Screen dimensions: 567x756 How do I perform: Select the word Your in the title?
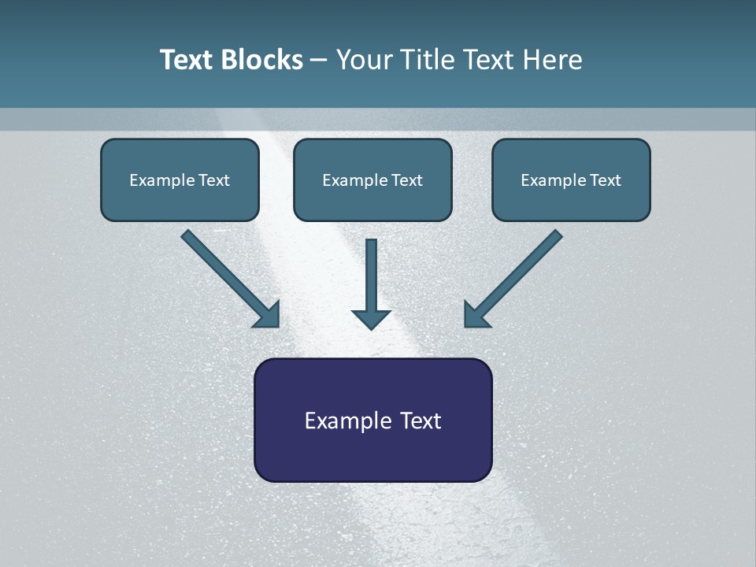point(364,60)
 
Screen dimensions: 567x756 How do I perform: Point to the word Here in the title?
point(553,60)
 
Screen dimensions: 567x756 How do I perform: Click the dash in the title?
point(319,61)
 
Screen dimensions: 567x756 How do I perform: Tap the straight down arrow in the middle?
point(371,276)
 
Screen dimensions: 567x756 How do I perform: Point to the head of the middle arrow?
point(371,319)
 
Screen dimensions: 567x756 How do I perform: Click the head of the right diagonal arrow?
point(475,315)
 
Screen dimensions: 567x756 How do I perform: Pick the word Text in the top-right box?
point(606,180)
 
